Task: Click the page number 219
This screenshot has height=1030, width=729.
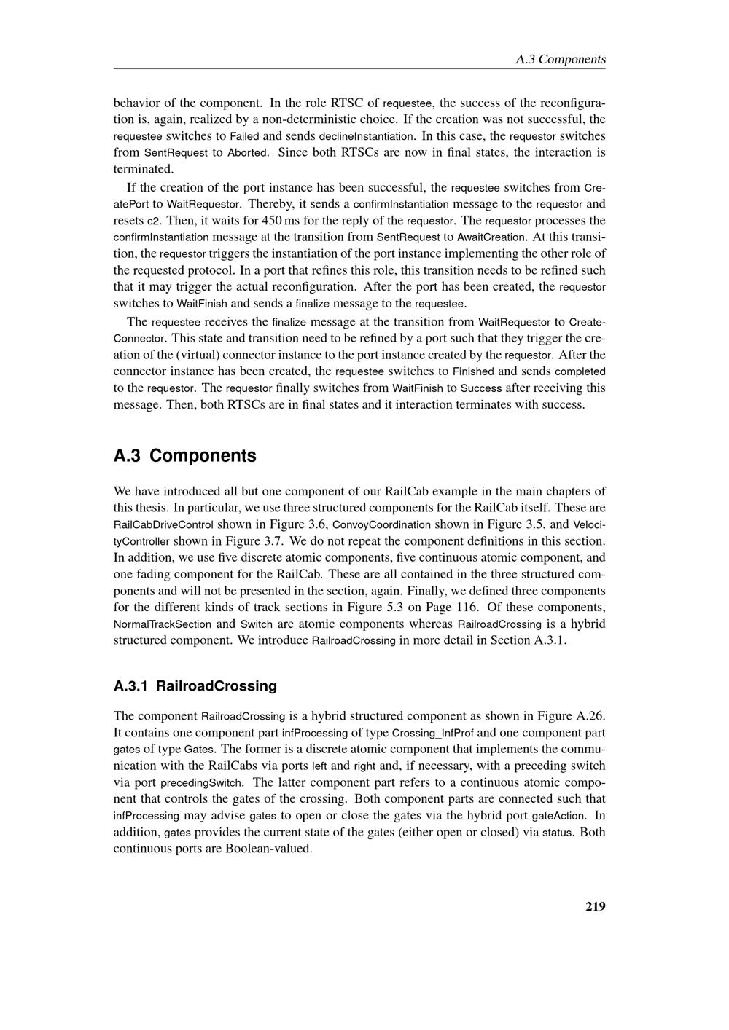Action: coord(595,906)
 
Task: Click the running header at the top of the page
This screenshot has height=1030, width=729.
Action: coord(560,59)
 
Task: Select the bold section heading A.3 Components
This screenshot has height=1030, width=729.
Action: coord(185,456)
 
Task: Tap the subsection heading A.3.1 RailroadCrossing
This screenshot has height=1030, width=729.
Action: coord(195,685)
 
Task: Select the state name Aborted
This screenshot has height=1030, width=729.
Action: coord(249,153)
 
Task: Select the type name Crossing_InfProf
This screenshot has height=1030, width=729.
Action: coord(432,733)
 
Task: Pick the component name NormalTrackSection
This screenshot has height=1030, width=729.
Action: coord(163,624)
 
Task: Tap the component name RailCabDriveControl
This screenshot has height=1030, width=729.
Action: coord(163,525)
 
